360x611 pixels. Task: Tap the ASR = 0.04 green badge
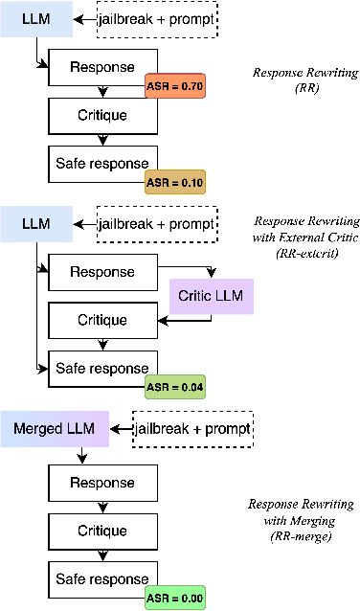(175, 386)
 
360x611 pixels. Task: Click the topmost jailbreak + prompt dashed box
(158, 19)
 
